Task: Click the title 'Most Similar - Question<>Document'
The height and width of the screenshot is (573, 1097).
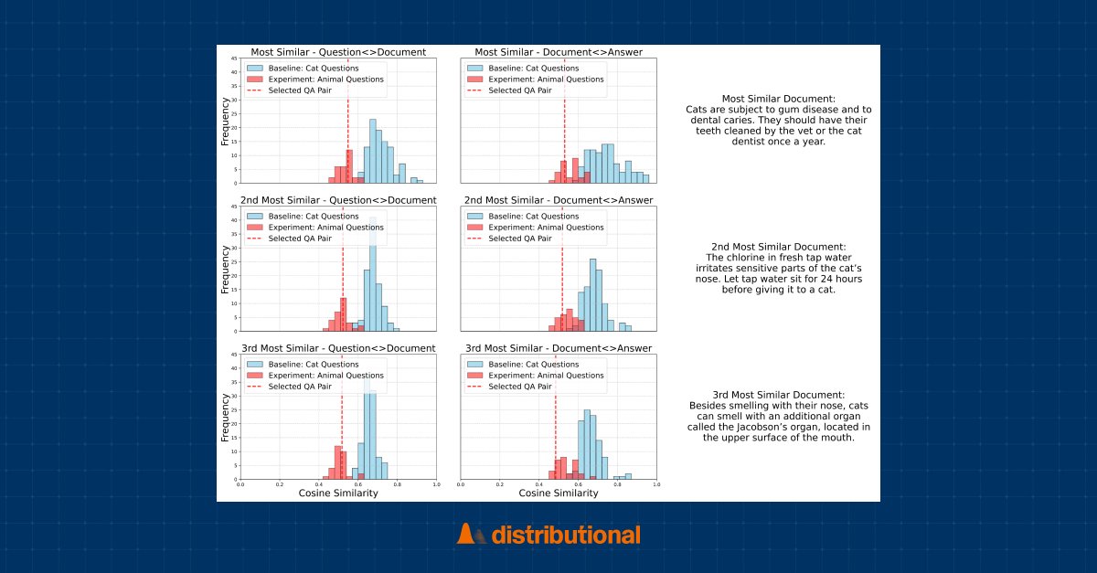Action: pyautogui.click(x=338, y=52)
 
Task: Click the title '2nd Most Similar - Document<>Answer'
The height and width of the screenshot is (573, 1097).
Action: pyautogui.click(x=559, y=200)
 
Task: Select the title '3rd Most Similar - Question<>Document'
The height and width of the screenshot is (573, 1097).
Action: pyautogui.click(x=338, y=348)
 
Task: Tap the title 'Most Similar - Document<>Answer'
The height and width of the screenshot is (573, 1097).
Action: pyautogui.click(x=559, y=52)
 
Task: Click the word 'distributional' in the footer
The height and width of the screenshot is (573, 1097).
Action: pyautogui.click(x=566, y=535)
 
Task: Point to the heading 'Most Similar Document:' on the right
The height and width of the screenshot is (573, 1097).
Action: pyautogui.click(x=778, y=99)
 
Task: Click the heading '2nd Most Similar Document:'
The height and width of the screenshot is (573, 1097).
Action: pyautogui.click(x=778, y=247)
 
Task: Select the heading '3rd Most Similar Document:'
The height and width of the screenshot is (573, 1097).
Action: pyautogui.click(x=778, y=394)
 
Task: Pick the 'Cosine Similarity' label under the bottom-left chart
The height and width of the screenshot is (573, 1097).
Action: pyautogui.click(x=338, y=493)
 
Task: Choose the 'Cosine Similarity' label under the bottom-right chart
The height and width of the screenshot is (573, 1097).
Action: pyautogui.click(x=559, y=493)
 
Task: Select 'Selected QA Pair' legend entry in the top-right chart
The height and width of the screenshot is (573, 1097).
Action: pyautogui.click(x=519, y=90)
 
